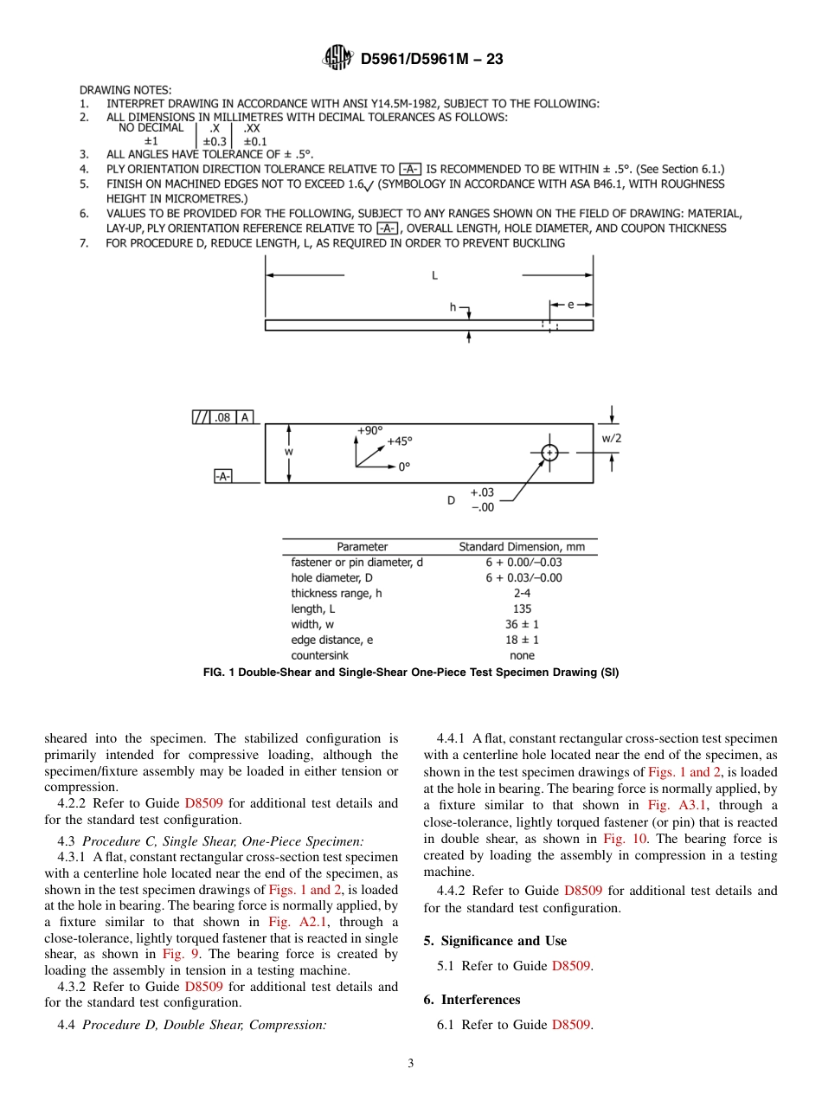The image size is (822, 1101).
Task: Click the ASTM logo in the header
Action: (337, 58)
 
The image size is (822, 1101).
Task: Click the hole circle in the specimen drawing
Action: (549, 453)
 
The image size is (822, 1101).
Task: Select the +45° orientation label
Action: (400, 441)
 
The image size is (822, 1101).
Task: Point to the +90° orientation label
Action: (369, 430)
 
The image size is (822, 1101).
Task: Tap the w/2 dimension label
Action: (612, 438)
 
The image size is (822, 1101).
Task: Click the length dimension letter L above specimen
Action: (434, 275)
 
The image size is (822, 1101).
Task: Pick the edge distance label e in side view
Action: (571, 305)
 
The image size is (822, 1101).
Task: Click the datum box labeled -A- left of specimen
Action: (223, 476)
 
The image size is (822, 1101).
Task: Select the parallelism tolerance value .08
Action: (222, 417)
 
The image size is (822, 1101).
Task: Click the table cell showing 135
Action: (523, 609)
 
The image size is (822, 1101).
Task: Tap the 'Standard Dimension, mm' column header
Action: (522, 547)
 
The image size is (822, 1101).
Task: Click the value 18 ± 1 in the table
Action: (523, 641)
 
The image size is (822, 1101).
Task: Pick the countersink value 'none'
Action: (523, 656)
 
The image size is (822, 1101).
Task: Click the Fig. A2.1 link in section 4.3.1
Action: (290, 922)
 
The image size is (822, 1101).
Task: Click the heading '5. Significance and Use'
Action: (495, 941)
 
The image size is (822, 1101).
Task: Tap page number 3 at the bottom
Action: (411, 1064)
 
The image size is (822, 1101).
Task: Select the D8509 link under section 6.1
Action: (571, 1025)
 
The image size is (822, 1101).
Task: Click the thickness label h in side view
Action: (453, 307)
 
